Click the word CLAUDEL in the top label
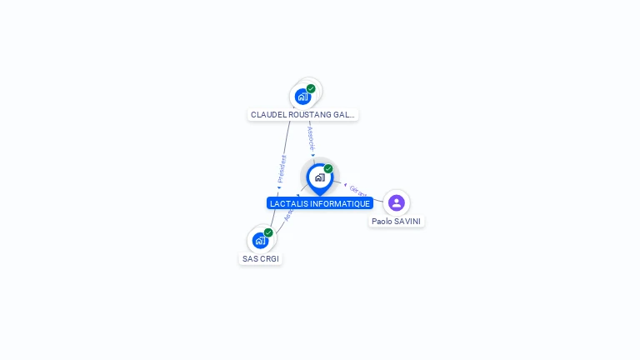[267, 115]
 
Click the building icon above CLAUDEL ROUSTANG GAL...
[302, 97]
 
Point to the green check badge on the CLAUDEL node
[311, 88]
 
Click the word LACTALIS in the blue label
[288, 204]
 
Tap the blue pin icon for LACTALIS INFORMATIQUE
[319, 177]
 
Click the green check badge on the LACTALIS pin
[328, 168]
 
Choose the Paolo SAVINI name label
[397, 222]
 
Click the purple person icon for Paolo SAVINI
[397, 202]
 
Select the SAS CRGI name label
[261, 259]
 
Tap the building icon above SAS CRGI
[260, 241]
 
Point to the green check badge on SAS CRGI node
[268, 232]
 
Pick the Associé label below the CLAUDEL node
[311, 137]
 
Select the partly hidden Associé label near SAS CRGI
[288, 214]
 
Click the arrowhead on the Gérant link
[345, 184]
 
